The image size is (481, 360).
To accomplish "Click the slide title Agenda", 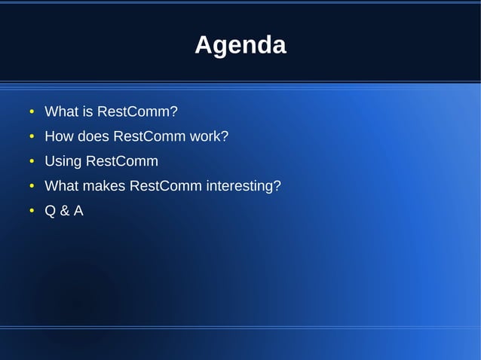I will point(240,45).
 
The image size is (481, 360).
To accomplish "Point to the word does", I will point(93,137).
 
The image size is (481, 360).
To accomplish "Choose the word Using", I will point(63,161).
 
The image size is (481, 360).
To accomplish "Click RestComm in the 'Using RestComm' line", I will point(122,161).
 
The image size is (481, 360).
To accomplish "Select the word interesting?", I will point(244,186).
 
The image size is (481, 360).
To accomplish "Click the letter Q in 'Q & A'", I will point(51,211).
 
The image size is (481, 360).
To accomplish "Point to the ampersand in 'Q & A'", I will point(64,211).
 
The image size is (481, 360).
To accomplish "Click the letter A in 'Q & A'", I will point(78,211).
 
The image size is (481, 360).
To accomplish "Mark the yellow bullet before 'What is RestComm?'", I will point(32,113).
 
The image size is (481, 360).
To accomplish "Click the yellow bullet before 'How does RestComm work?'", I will point(32,138).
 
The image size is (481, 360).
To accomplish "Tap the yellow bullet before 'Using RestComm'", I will point(32,162).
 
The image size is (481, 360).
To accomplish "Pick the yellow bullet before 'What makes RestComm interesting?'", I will point(32,187).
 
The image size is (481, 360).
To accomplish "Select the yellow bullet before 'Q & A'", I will point(32,212).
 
